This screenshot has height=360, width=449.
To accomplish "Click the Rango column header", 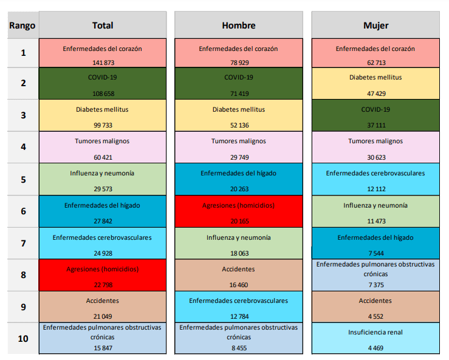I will click(21, 25).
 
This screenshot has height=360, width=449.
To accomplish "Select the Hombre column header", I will click(238, 25).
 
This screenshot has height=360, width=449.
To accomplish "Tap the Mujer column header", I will click(375, 25).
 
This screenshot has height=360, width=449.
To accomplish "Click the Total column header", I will click(102, 25).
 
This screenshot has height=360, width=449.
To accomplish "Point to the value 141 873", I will click(102, 63).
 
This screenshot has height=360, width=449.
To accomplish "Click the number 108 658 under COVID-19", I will click(102, 94).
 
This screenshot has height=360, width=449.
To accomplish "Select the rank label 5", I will click(23, 179).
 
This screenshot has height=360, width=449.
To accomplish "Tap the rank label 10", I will click(23, 338).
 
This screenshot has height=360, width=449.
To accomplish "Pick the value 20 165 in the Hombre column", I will click(238, 222).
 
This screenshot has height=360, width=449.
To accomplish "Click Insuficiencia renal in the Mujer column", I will click(375, 332).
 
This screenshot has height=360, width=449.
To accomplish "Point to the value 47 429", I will click(375, 94).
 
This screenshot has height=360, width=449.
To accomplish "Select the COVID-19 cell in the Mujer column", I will click(375, 109).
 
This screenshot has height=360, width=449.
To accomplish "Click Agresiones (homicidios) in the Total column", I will click(102, 268).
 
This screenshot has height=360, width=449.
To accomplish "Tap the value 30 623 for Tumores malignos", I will click(375, 158).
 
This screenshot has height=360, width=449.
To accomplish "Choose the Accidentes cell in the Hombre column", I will click(238, 268).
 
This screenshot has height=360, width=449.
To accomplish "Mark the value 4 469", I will click(375, 348).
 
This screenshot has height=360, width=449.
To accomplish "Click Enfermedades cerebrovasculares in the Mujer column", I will click(375, 173).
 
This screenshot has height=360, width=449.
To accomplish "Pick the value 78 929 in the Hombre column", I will click(238, 63).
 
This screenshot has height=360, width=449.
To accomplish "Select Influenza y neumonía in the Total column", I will click(102, 173).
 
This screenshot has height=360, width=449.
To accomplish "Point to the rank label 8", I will click(23, 274).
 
